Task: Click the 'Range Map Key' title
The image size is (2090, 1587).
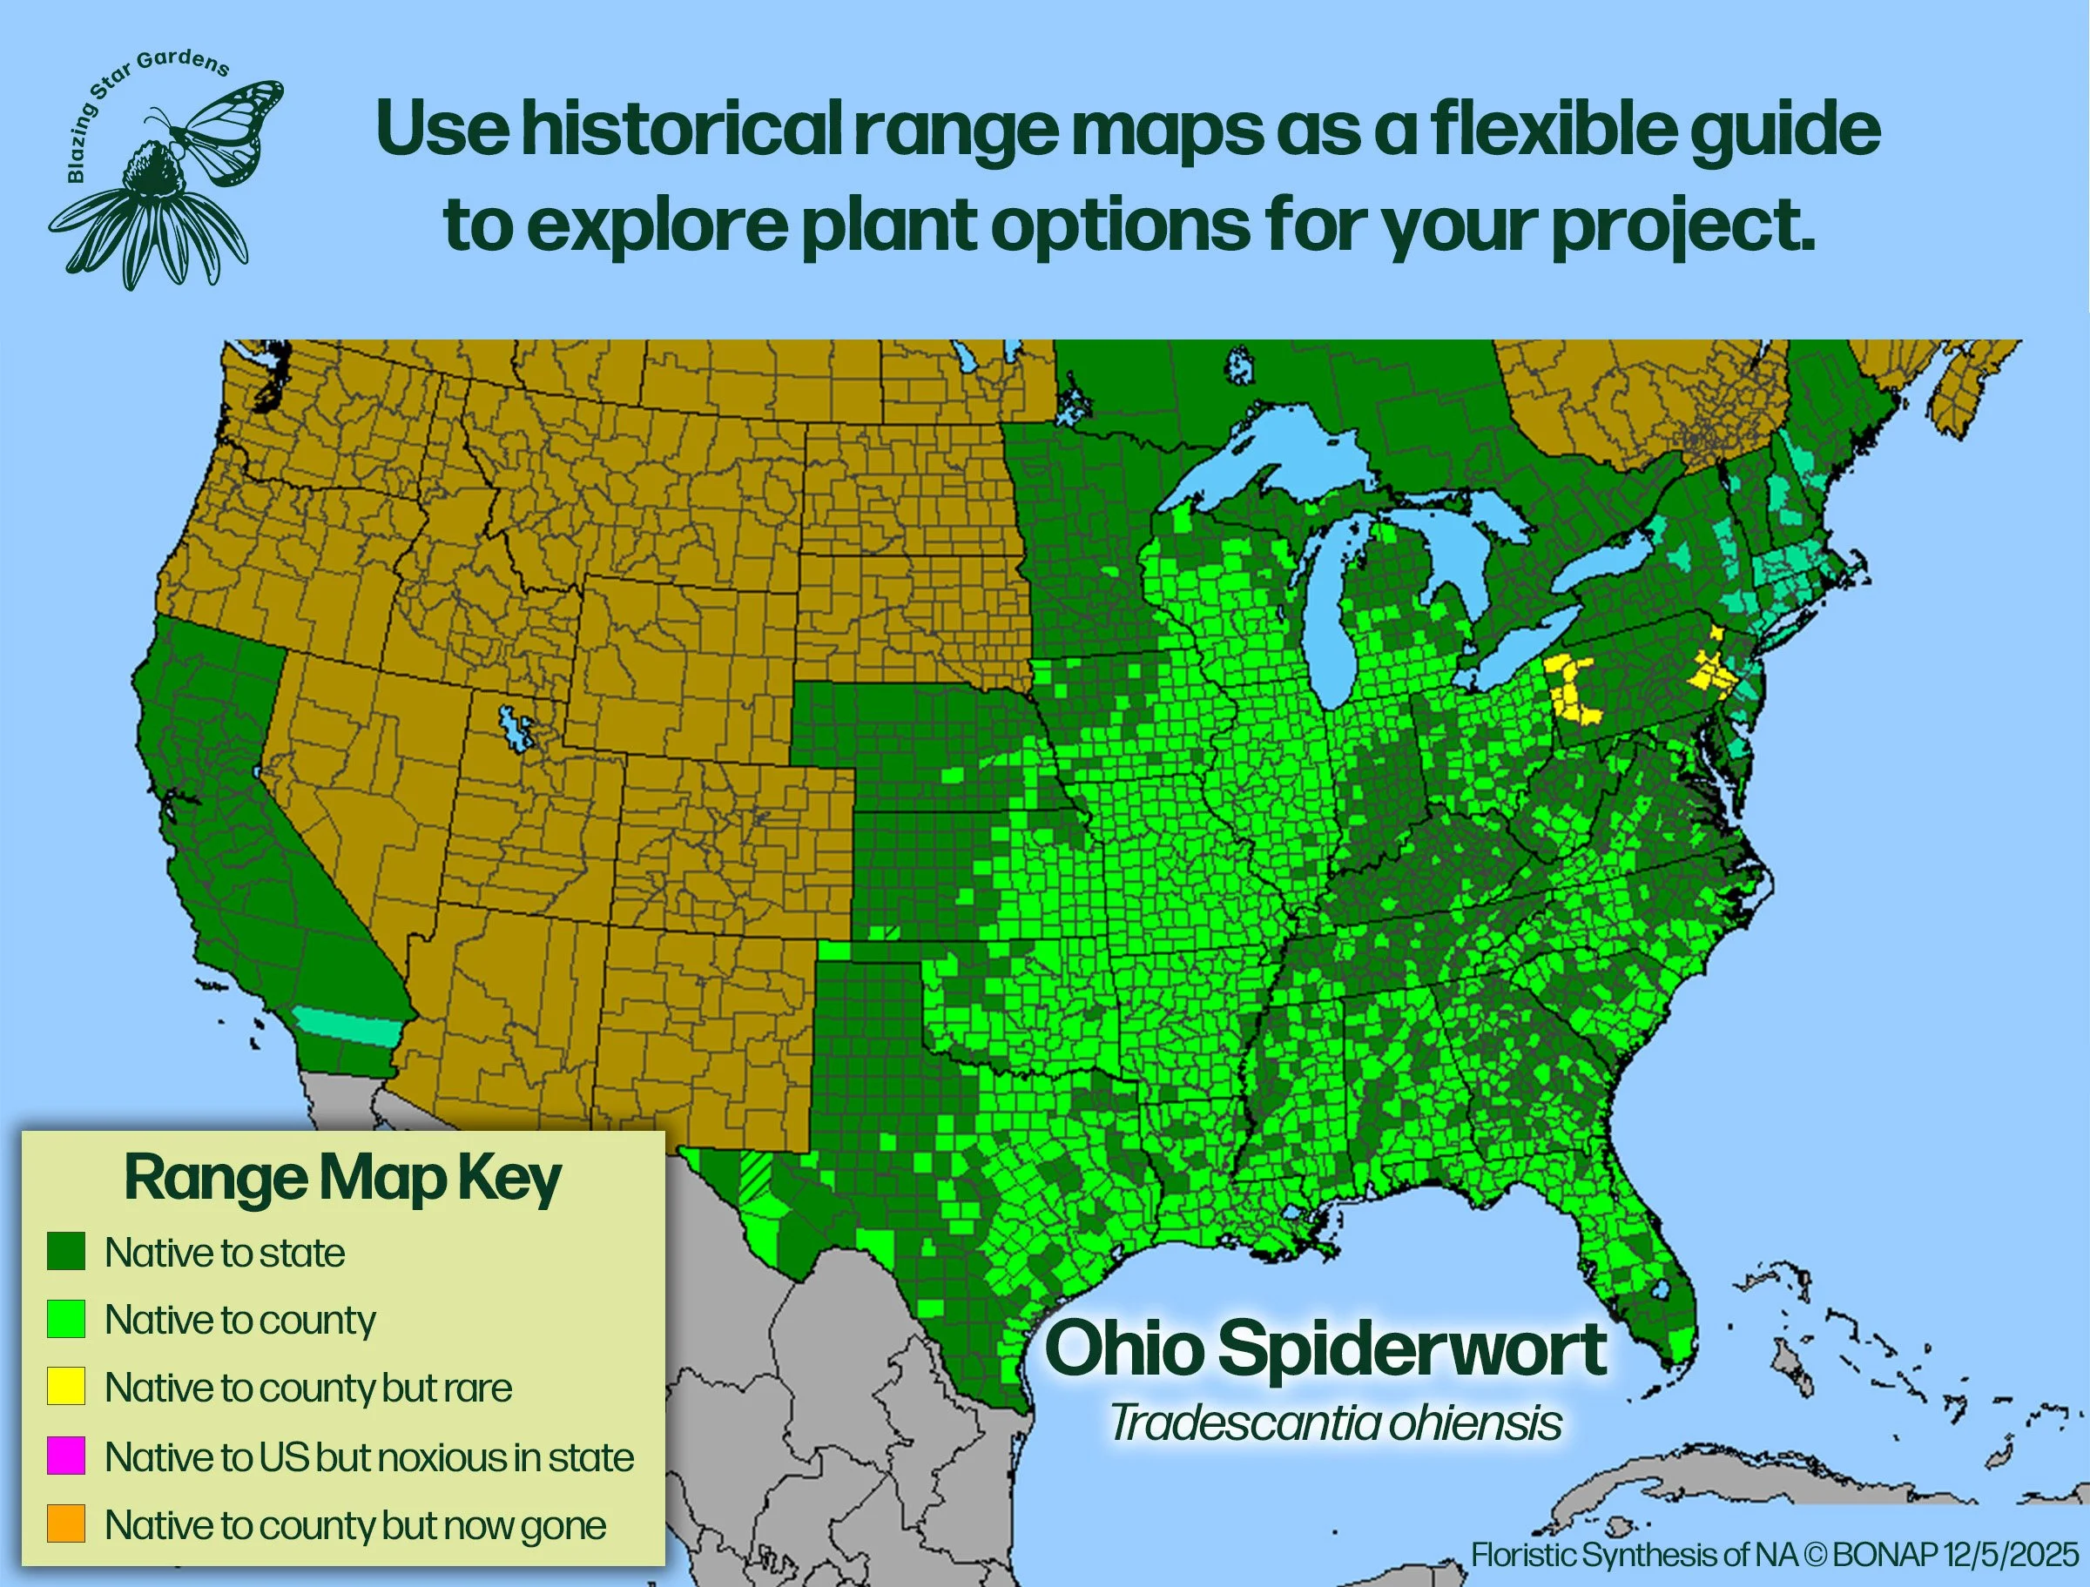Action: pyautogui.click(x=342, y=1178)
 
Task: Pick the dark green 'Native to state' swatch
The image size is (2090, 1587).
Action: pyautogui.click(x=66, y=1252)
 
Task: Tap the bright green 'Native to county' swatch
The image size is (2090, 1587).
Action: pyautogui.click(x=66, y=1319)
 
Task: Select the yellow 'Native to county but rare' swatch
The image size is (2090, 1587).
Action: pyautogui.click(x=66, y=1387)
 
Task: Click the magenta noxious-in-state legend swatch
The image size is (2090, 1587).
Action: pyautogui.click(x=66, y=1456)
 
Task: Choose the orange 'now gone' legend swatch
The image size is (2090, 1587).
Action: pyautogui.click(x=66, y=1523)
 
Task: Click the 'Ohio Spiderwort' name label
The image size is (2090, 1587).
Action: pyautogui.click(x=1325, y=1349)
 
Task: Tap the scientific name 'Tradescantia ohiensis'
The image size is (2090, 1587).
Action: pyautogui.click(x=1335, y=1423)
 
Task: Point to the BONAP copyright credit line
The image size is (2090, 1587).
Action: pyautogui.click(x=1775, y=1554)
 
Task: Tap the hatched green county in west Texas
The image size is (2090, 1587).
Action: pyautogui.click(x=756, y=1176)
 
